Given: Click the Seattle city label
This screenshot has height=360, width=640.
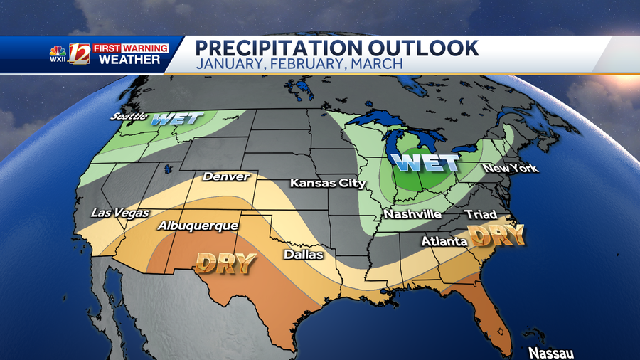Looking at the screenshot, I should coord(129,115).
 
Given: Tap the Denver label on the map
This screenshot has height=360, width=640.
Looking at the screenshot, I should coord(227,176).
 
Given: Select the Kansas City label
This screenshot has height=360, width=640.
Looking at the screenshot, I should coord(328,183).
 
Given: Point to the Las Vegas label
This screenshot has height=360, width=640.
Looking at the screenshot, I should coord(120,212).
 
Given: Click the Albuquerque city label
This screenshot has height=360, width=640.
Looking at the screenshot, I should coord(198,226).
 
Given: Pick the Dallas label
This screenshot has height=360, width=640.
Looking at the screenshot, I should coord(304,254).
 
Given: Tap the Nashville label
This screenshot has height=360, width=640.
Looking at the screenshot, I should coord(412,213).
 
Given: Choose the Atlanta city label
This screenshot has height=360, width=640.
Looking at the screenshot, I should coord(444,242).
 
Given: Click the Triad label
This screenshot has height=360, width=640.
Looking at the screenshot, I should coord(481,214).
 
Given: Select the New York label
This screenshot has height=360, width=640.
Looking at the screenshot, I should coord(511,169).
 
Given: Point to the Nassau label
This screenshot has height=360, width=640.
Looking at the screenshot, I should coord(551,353).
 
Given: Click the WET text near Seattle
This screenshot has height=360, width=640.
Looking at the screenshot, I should coord(177,118).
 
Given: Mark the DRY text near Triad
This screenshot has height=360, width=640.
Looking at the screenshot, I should coord(496,235).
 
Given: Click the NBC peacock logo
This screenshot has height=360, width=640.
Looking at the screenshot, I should coord(58,52).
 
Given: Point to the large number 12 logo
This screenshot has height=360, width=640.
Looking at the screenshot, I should coord(79,54).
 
